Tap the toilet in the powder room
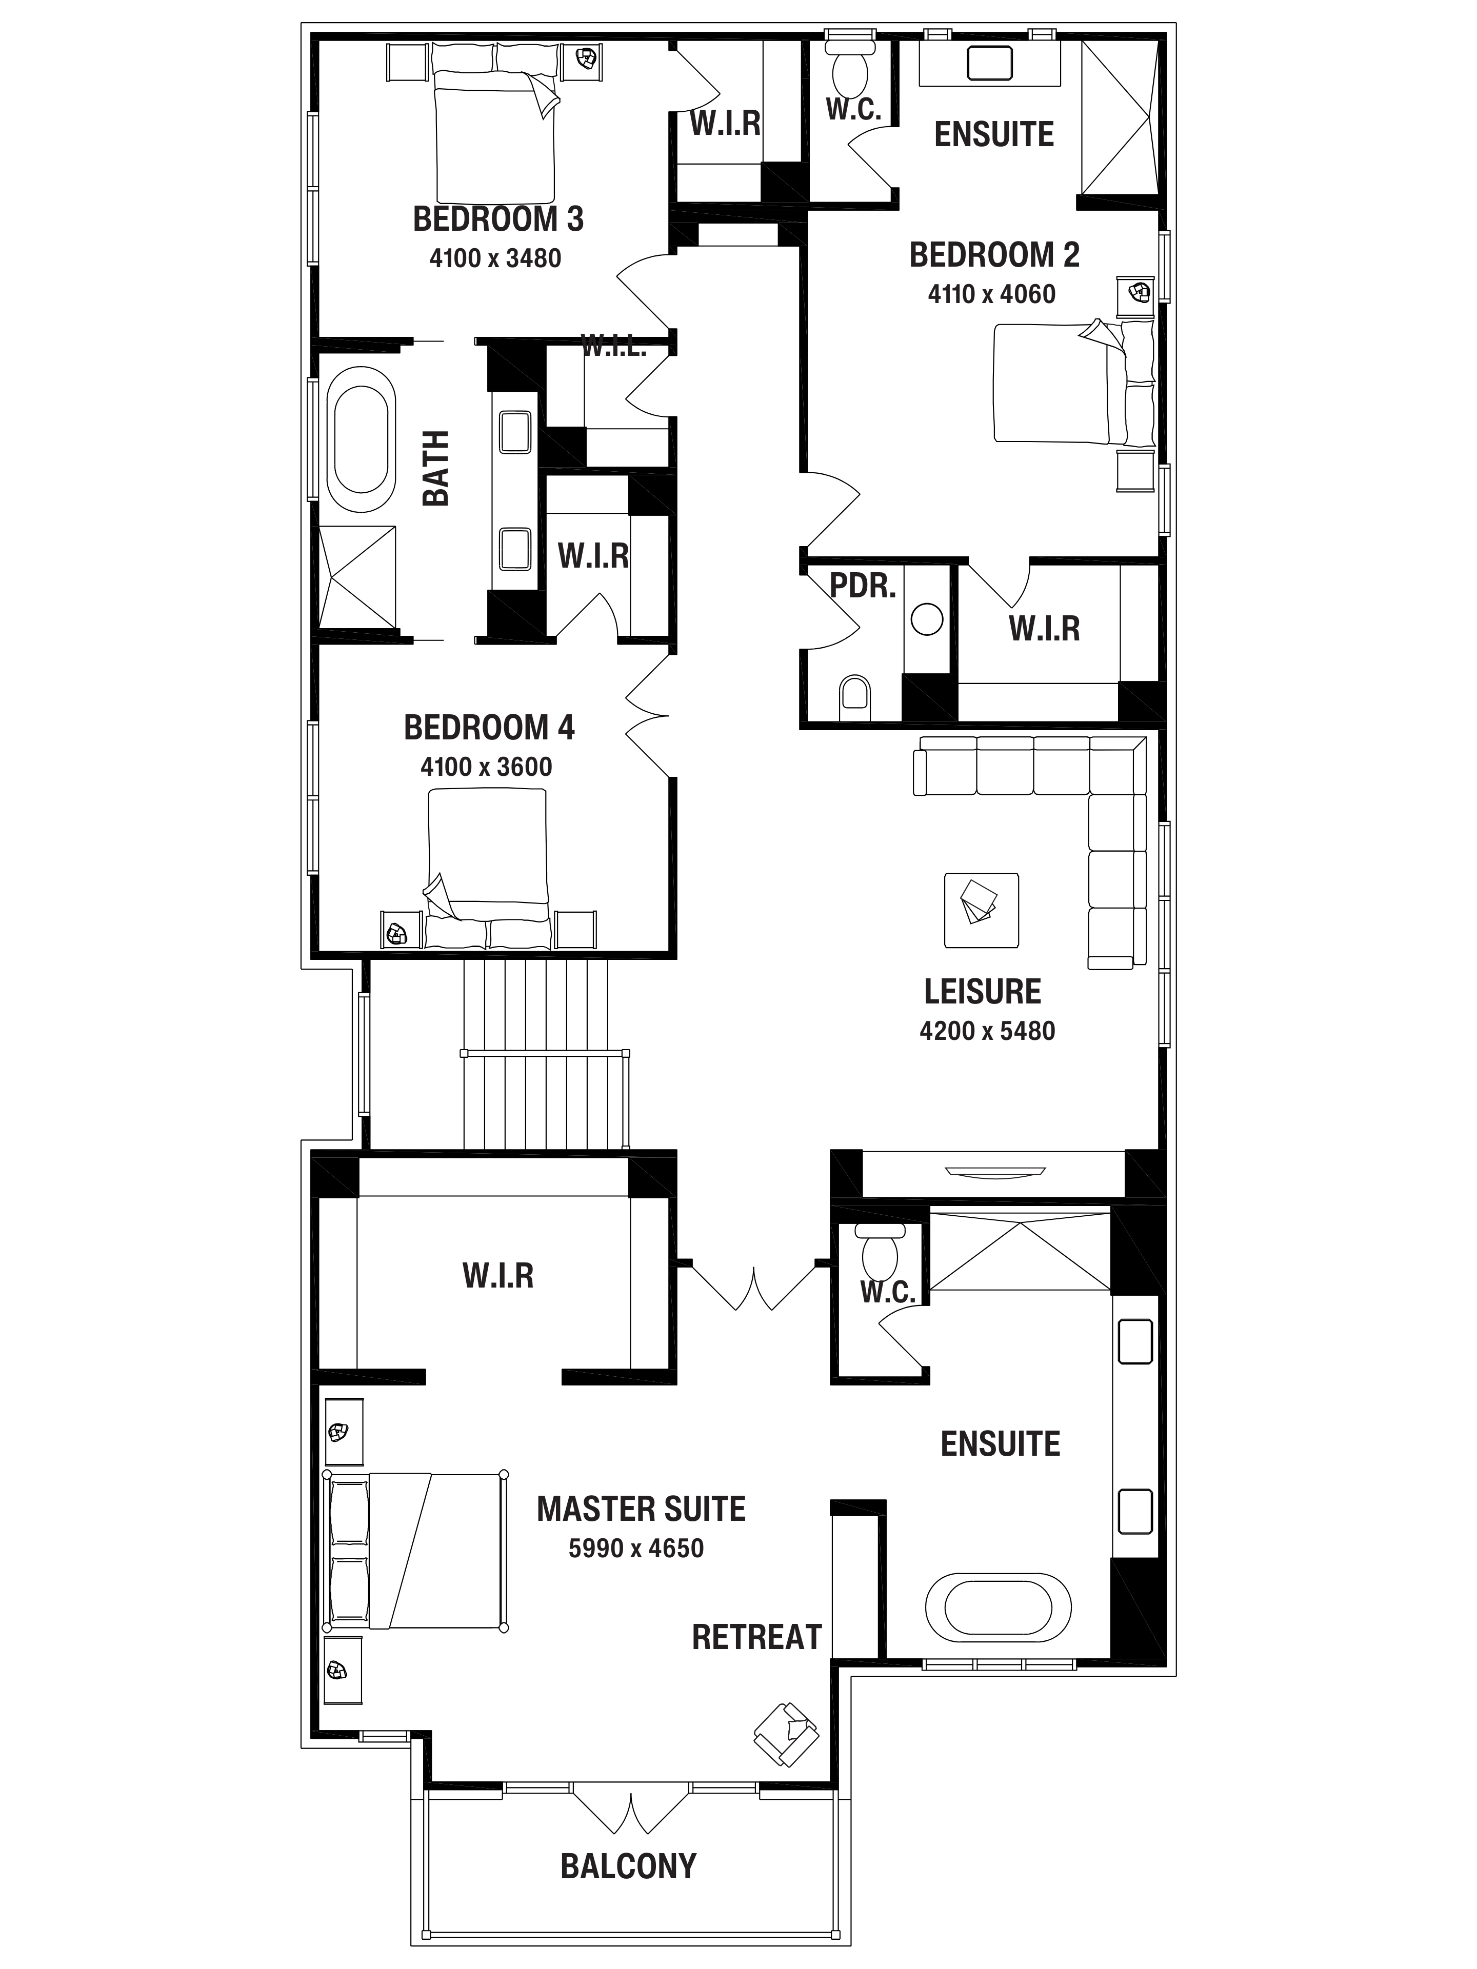[x=855, y=697]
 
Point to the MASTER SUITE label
[x=641, y=1508]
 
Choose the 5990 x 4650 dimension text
[x=635, y=1548]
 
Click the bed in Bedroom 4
[x=487, y=868]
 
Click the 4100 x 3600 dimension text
[x=486, y=767]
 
